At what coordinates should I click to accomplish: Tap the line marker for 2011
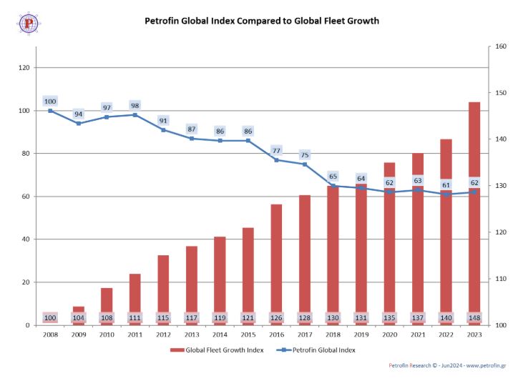click(x=135, y=114)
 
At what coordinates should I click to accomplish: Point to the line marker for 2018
click(x=333, y=186)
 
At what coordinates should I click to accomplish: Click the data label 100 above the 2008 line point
click(x=50, y=101)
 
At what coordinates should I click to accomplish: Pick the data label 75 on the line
click(x=305, y=154)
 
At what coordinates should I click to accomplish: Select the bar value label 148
click(x=474, y=317)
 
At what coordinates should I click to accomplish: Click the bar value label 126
click(x=276, y=317)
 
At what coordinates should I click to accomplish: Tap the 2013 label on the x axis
click(x=192, y=334)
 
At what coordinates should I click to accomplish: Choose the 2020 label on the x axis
click(x=389, y=334)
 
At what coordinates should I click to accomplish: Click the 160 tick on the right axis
click(x=501, y=46)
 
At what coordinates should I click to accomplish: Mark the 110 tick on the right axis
click(x=501, y=279)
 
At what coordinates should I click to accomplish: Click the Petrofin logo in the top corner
click(x=29, y=23)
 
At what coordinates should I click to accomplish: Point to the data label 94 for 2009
click(x=79, y=114)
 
